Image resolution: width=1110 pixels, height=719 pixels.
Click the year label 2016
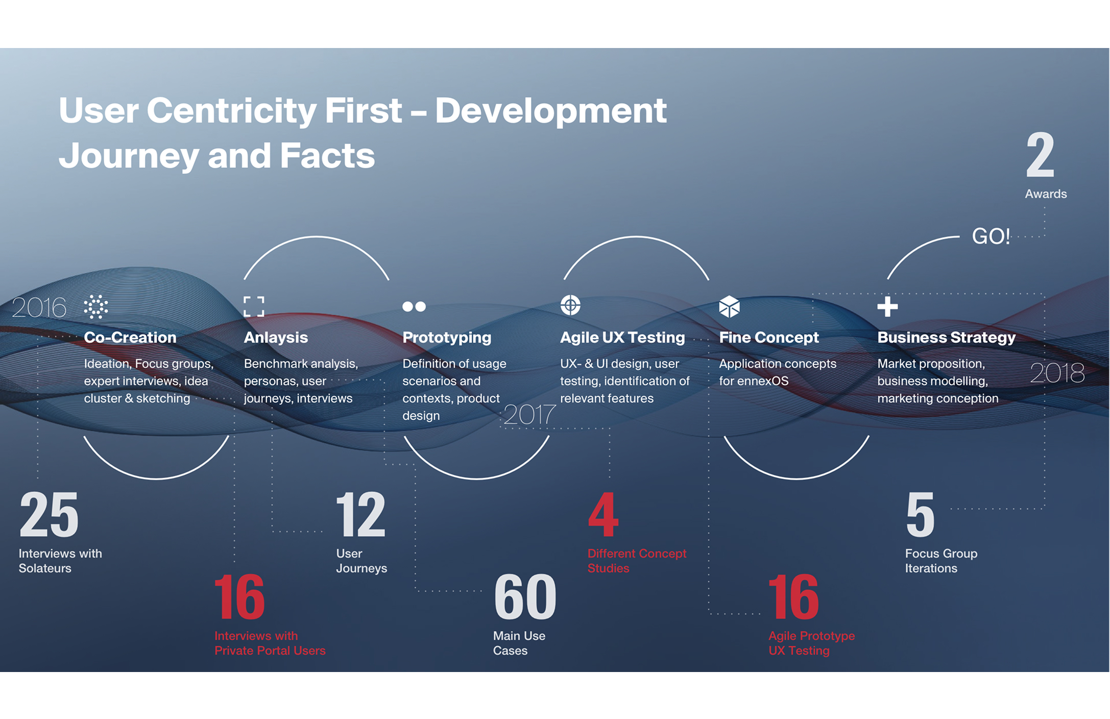pos(39,307)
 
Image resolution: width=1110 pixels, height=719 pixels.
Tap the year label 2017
pos(529,414)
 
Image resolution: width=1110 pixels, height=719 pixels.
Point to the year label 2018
pos(1057,372)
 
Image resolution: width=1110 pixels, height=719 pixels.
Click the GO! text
pos(991,236)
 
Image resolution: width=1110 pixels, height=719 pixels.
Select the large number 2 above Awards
pos(1040,154)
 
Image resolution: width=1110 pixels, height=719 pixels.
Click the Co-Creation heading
pos(130,338)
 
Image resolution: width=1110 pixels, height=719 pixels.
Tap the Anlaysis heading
pos(276,338)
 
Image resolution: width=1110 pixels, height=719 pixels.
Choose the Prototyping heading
pos(447,338)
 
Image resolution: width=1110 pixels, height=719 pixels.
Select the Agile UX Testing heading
pos(622,338)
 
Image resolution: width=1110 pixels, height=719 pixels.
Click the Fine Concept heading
pos(769,338)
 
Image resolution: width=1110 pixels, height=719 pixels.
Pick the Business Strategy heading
pos(946,338)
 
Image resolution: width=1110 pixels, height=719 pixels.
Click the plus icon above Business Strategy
pos(887,307)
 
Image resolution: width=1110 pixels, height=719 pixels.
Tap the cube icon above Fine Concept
pos(729,306)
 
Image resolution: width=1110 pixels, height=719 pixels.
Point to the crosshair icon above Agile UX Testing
pos(570,305)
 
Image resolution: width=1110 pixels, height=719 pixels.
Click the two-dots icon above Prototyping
pos(414,306)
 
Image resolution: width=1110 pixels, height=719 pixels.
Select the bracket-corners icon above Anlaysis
pos(254,306)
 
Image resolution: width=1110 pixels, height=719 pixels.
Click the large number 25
pos(49,514)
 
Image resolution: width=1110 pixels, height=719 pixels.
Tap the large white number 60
pos(525,596)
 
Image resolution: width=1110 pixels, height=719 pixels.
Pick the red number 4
pos(603,514)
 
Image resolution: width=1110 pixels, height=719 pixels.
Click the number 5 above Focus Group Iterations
pos(920,514)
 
